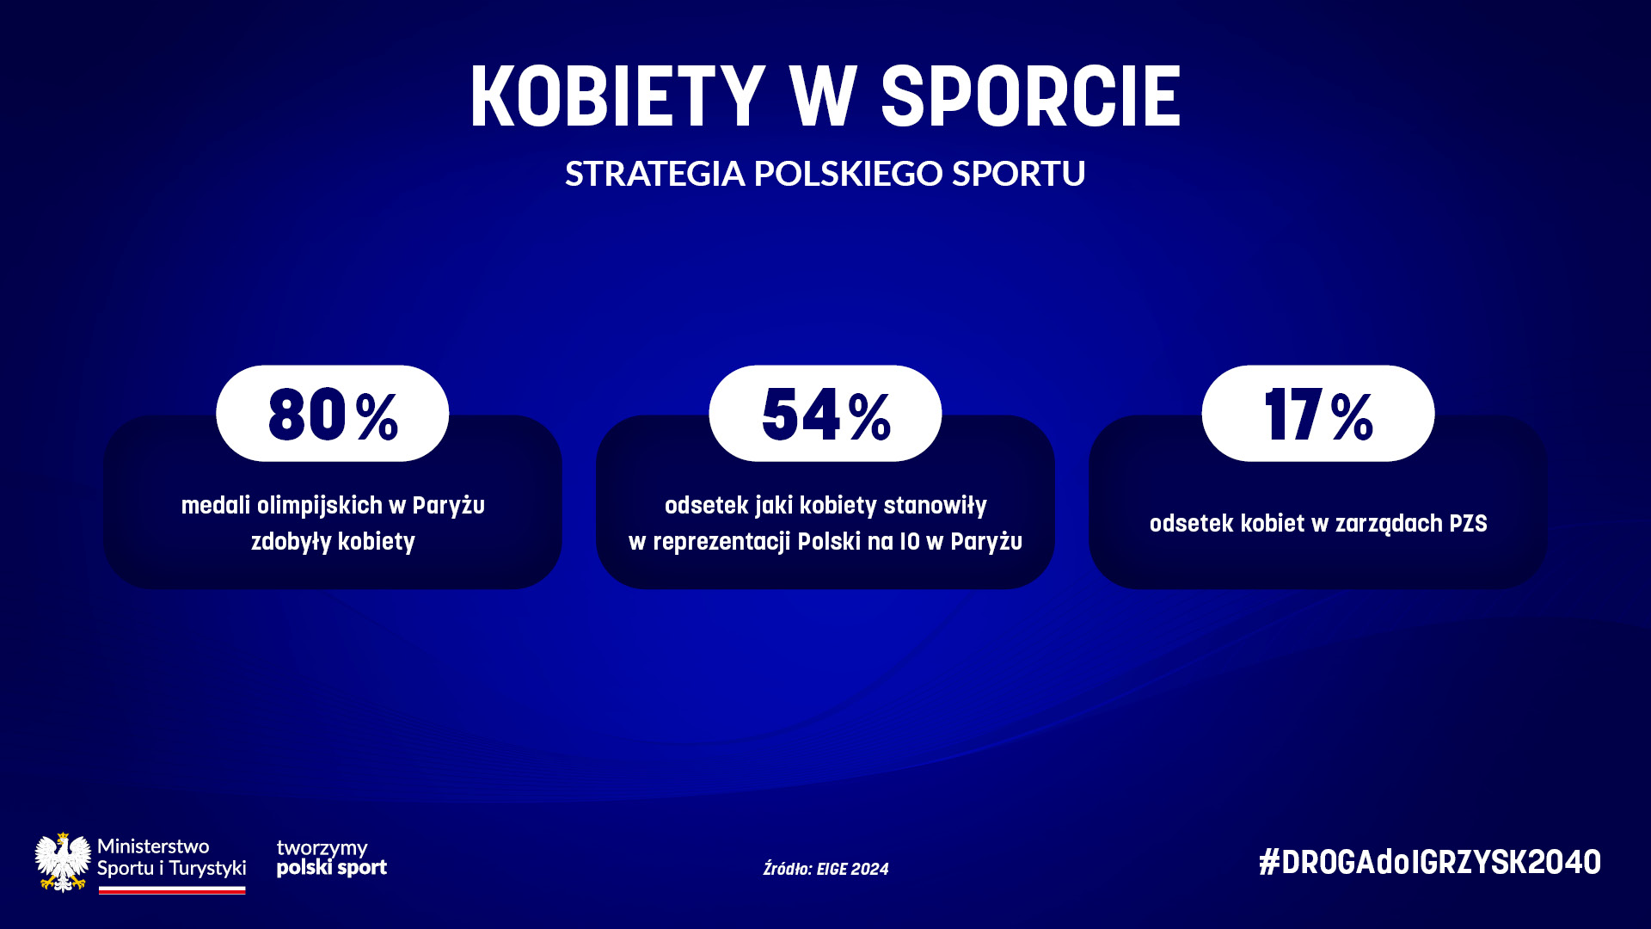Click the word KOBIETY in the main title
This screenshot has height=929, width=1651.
tap(617, 96)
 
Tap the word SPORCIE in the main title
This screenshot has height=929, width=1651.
tap(1031, 96)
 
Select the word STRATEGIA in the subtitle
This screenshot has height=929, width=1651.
tap(654, 174)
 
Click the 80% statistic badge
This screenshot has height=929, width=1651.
tap(333, 414)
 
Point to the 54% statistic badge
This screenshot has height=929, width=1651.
tap(825, 414)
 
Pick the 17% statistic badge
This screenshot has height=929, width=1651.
tap(1318, 414)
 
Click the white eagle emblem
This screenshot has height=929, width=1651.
tap(63, 862)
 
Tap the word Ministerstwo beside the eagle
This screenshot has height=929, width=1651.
tap(153, 846)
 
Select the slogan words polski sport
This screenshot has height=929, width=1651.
tap(332, 868)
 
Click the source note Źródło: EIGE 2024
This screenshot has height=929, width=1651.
tap(825, 869)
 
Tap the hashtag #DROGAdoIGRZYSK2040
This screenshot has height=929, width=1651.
tap(1430, 862)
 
